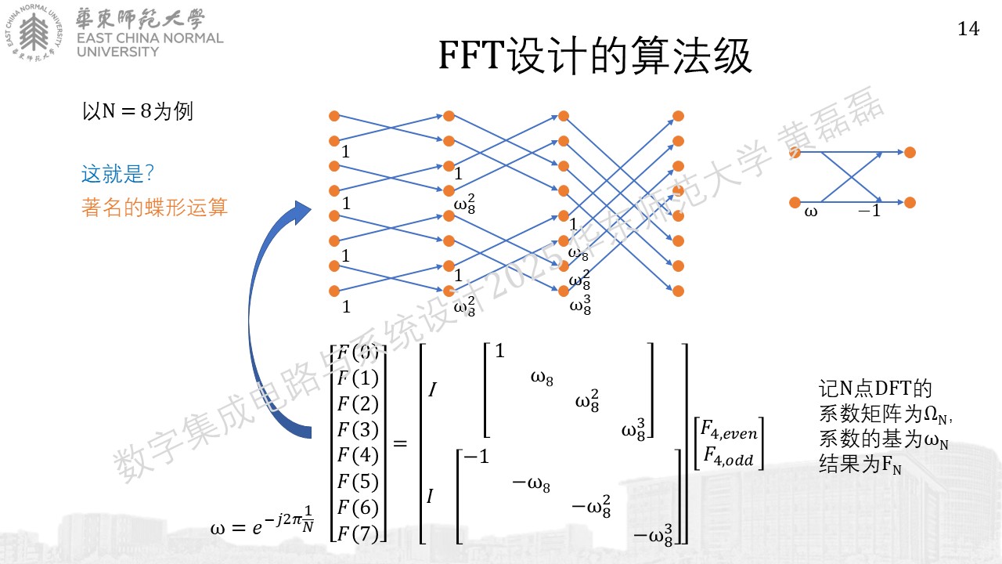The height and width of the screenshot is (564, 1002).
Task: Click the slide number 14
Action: point(968,29)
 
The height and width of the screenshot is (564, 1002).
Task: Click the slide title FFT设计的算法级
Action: point(595,56)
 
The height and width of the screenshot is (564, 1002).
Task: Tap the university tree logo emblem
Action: point(34,33)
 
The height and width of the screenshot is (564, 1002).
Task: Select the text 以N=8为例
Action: point(137,111)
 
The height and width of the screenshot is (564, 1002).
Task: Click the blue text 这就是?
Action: point(117,173)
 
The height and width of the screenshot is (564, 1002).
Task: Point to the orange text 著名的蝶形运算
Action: point(154,208)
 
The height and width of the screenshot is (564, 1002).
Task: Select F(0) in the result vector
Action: point(358,352)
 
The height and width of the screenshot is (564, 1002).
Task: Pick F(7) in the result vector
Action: point(358,533)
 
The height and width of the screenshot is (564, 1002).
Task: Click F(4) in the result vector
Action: point(358,455)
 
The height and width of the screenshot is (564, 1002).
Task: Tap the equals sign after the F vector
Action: point(400,443)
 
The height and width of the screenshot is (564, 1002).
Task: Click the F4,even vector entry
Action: point(729,431)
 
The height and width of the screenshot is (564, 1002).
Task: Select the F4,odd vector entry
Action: point(729,457)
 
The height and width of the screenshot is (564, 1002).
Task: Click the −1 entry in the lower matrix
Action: point(477,457)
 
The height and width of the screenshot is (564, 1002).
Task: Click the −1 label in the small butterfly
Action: point(869,211)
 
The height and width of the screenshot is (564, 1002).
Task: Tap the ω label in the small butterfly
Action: point(810,211)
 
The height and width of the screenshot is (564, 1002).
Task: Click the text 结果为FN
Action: point(860,464)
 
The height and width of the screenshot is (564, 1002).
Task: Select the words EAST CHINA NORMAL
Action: point(150,38)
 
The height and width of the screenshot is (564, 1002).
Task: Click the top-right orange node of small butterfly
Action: point(910,152)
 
